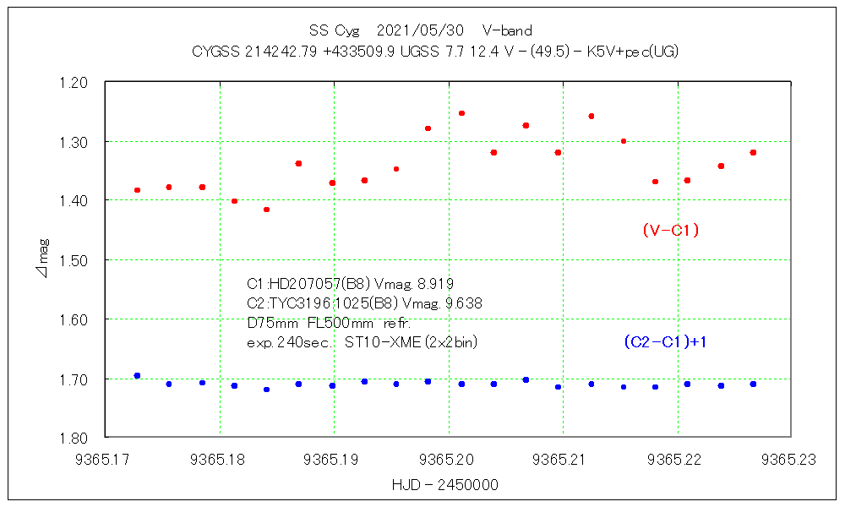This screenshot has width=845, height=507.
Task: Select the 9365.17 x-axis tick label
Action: coord(106,460)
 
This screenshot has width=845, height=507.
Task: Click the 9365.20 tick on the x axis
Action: coord(448,460)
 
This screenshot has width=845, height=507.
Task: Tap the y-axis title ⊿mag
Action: coord(43,259)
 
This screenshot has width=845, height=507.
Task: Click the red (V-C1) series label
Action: coord(670,230)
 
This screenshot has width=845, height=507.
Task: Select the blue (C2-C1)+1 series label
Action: coord(665,342)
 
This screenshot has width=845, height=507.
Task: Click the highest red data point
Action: coord(461,113)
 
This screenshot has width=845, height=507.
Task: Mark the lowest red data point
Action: coord(266,210)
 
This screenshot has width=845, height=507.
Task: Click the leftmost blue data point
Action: coord(137,375)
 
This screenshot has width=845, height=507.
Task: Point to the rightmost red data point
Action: coord(753,152)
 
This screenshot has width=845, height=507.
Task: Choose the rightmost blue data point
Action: coord(753,384)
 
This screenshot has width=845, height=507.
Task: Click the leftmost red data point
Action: coord(137,190)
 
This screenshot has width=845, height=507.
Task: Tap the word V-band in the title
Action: coord(507,31)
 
